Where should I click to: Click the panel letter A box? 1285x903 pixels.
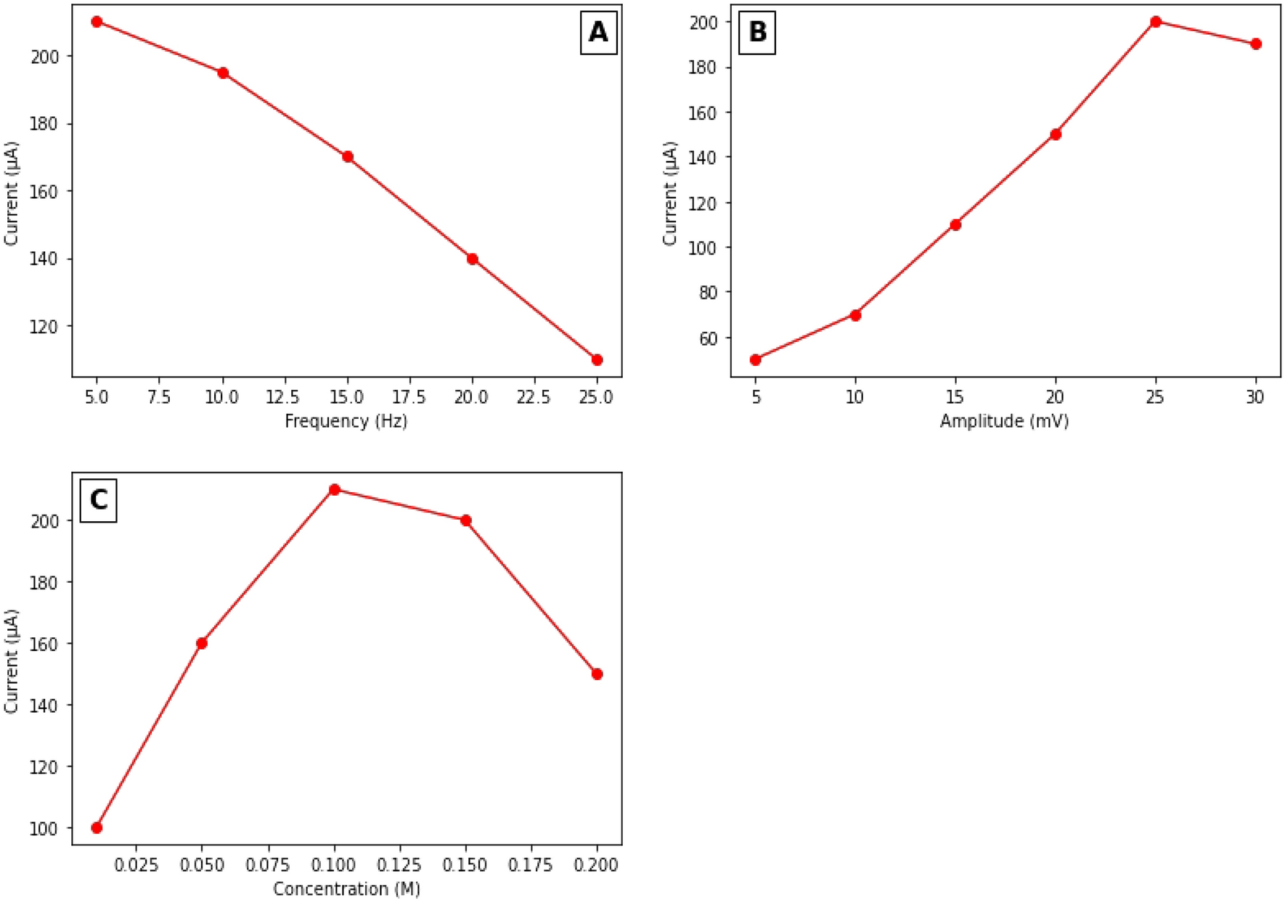tap(598, 33)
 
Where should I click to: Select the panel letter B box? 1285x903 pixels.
tap(757, 33)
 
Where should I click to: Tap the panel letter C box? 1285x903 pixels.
tap(99, 500)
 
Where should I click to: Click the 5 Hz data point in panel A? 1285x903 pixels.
tap(97, 22)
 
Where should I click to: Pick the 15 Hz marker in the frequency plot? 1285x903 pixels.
tap(348, 157)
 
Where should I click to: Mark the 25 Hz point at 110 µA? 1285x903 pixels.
tap(597, 359)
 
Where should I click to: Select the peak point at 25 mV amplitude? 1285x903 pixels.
tap(1156, 22)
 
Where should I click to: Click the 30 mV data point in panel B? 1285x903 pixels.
tap(1256, 44)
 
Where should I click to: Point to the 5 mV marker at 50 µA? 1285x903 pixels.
tap(756, 359)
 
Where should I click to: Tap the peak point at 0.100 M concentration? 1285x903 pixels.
tap(335, 490)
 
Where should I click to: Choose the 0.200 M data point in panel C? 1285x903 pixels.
tap(597, 674)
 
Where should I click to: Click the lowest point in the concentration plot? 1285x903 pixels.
tap(97, 828)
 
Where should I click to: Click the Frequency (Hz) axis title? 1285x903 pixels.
tap(346, 421)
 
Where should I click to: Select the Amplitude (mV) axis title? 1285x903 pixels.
tap(1005, 421)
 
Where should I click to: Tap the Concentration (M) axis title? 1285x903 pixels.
tap(346, 888)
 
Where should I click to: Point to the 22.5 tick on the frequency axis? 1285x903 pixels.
tap(534, 397)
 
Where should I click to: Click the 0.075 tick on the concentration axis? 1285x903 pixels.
tap(269, 865)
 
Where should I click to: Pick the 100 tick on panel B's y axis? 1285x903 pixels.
tap(703, 248)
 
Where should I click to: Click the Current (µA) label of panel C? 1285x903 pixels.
tap(12, 661)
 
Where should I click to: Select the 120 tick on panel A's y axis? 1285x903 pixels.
tap(45, 327)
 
